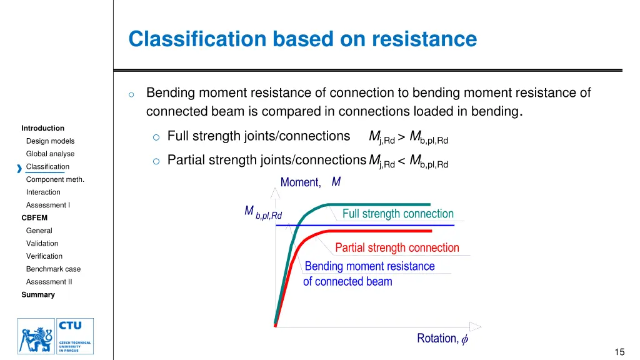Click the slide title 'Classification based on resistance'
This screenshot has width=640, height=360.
tap(302, 39)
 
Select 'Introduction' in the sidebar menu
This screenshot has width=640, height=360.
tap(42, 128)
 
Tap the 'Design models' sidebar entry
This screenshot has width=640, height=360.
tap(50, 141)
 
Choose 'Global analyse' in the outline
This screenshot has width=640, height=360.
tap(50, 154)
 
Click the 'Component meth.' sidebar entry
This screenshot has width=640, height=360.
tap(55, 179)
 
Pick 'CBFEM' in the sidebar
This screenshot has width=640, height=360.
tap(34, 218)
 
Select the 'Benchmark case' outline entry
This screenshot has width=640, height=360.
tap(53, 269)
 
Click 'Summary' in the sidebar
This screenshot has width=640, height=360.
tap(38, 295)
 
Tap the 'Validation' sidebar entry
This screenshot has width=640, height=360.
tap(42, 244)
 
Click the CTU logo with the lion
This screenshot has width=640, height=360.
tap(56, 336)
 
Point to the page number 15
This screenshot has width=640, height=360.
tap(619, 352)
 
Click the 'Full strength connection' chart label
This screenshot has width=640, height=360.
tap(397, 214)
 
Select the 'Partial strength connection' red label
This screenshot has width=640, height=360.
tap(397, 248)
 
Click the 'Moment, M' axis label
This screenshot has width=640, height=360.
tap(311, 182)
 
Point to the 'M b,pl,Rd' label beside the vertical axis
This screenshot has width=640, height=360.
tap(263, 213)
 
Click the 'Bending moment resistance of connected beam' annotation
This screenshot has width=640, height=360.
tap(369, 274)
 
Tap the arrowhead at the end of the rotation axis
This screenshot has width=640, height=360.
tap(476, 326)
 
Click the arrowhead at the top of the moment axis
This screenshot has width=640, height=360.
tap(275, 192)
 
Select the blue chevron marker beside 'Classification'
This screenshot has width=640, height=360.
tap(19, 167)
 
